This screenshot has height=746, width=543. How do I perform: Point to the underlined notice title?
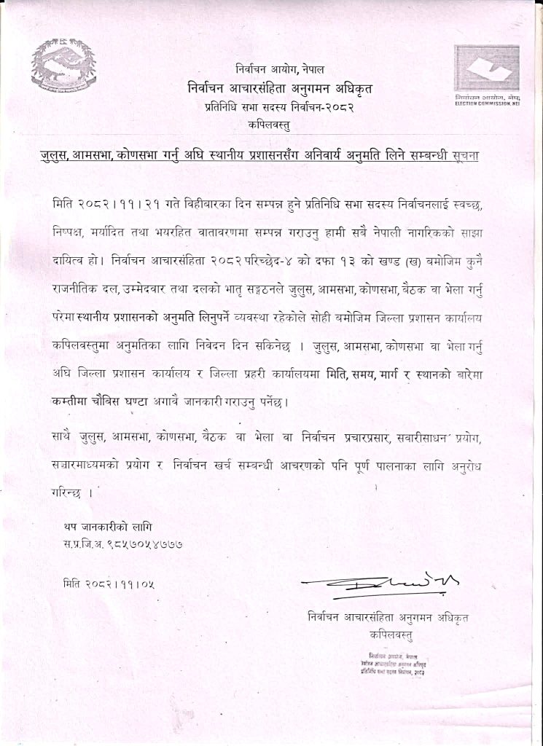click(271, 157)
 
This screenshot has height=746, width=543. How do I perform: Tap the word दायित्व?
click(75, 259)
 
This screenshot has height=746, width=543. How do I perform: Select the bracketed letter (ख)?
click(402, 259)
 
